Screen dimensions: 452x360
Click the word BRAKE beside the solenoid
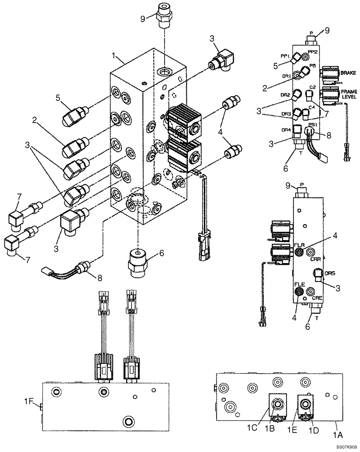tap(348, 73)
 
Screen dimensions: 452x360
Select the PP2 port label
tap(313, 52)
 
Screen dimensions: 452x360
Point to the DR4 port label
tap(285, 130)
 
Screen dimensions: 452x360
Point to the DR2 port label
tap(285, 95)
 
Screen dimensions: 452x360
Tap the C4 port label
tap(312, 107)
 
